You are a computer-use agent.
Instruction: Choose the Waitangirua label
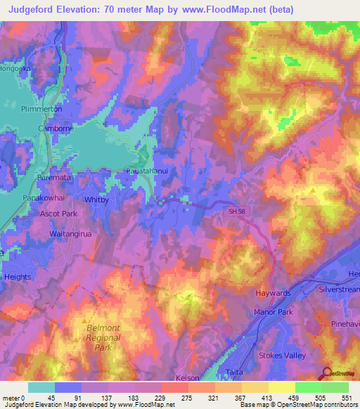[x=71, y=233]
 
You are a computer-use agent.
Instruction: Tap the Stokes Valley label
[x=282, y=356]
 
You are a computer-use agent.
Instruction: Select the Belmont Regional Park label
[x=103, y=337]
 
